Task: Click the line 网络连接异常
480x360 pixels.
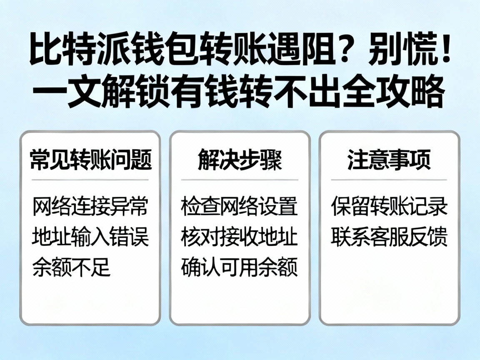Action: click(x=90, y=207)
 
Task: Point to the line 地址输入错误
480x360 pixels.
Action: click(x=90, y=237)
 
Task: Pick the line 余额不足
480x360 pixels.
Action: click(x=71, y=267)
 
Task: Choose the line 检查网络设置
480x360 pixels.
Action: click(x=240, y=207)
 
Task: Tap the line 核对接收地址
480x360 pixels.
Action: click(x=240, y=237)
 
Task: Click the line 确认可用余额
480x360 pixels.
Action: click(x=240, y=267)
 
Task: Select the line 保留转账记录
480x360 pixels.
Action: click(x=389, y=207)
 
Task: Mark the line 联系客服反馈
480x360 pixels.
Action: click(x=389, y=237)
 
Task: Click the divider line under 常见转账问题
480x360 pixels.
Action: click(x=90, y=180)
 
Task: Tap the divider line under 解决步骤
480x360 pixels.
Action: click(x=240, y=180)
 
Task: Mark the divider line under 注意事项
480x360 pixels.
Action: click(x=389, y=180)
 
